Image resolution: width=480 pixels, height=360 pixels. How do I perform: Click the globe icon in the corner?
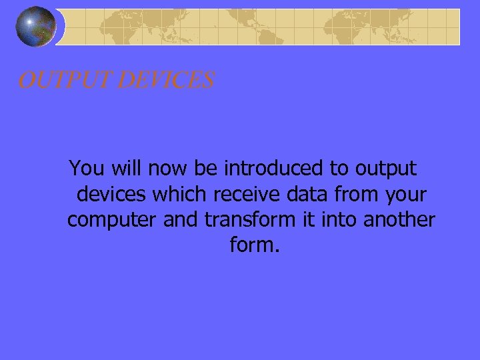(35, 27)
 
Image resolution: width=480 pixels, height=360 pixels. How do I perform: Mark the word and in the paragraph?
(181, 219)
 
